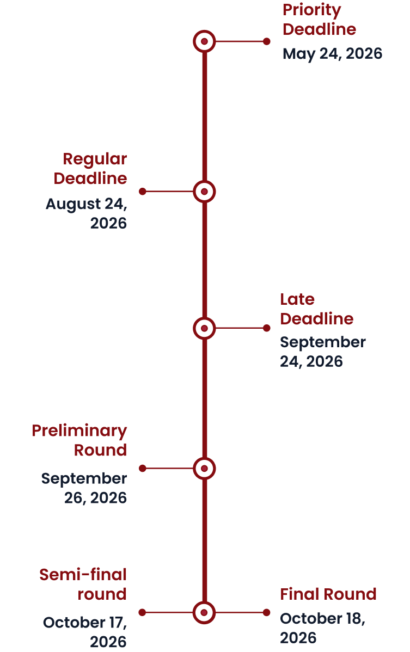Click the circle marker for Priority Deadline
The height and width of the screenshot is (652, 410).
pyautogui.click(x=205, y=41)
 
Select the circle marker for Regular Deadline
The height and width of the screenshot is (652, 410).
pyautogui.click(x=205, y=192)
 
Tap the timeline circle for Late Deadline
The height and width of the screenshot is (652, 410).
pyautogui.click(x=205, y=328)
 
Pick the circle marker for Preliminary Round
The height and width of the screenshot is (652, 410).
pyautogui.click(x=205, y=468)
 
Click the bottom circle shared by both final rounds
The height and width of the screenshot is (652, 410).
pyautogui.click(x=205, y=612)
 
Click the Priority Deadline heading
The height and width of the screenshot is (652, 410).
pyautogui.click(x=319, y=20)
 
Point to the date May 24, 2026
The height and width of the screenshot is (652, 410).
pyautogui.click(x=332, y=54)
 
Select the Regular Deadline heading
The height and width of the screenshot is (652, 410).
pyautogui.click(x=90, y=169)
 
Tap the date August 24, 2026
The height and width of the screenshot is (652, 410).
pyautogui.click(x=86, y=214)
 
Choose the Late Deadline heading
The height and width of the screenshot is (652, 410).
pyautogui.click(x=316, y=309)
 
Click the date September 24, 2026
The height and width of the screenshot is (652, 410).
pyautogui.click(x=322, y=352)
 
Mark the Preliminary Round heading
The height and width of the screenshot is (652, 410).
pyautogui.click(x=79, y=440)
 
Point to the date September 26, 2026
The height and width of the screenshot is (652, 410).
pyautogui.click(x=84, y=488)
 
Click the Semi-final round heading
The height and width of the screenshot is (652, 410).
pyautogui.click(x=83, y=584)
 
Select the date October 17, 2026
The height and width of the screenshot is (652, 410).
pyautogui.click(x=84, y=632)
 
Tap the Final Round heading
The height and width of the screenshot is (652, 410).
pyautogui.click(x=328, y=594)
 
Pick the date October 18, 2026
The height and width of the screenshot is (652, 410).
pyautogui.click(x=322, y=628)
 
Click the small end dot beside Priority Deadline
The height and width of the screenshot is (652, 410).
pyautogui.click(x=266, y=41)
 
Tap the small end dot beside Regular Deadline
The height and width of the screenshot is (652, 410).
pyautogui.click(x=143, y=192)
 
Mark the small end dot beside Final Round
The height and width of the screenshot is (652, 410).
pyautogui.click(x=266, y=612)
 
